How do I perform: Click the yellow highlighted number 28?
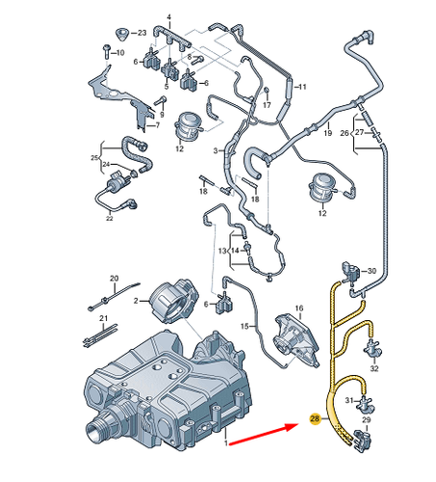pyautogui.click(x=315, y=419)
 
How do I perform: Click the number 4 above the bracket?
pyautogui.click(x=169, y=18)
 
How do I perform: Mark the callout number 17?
pyautogui.click(x=268, y=104)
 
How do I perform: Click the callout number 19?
pyautogui.click(x=328, y=130)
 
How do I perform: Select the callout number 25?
pyautogui.click(x=95, y=157)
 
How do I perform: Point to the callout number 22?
pyautogui.click(x=109, y=219)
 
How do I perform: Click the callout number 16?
pyautogui.click(x=298, y=308)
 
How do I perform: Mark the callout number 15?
pyautogui.click(x=244, y=328)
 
